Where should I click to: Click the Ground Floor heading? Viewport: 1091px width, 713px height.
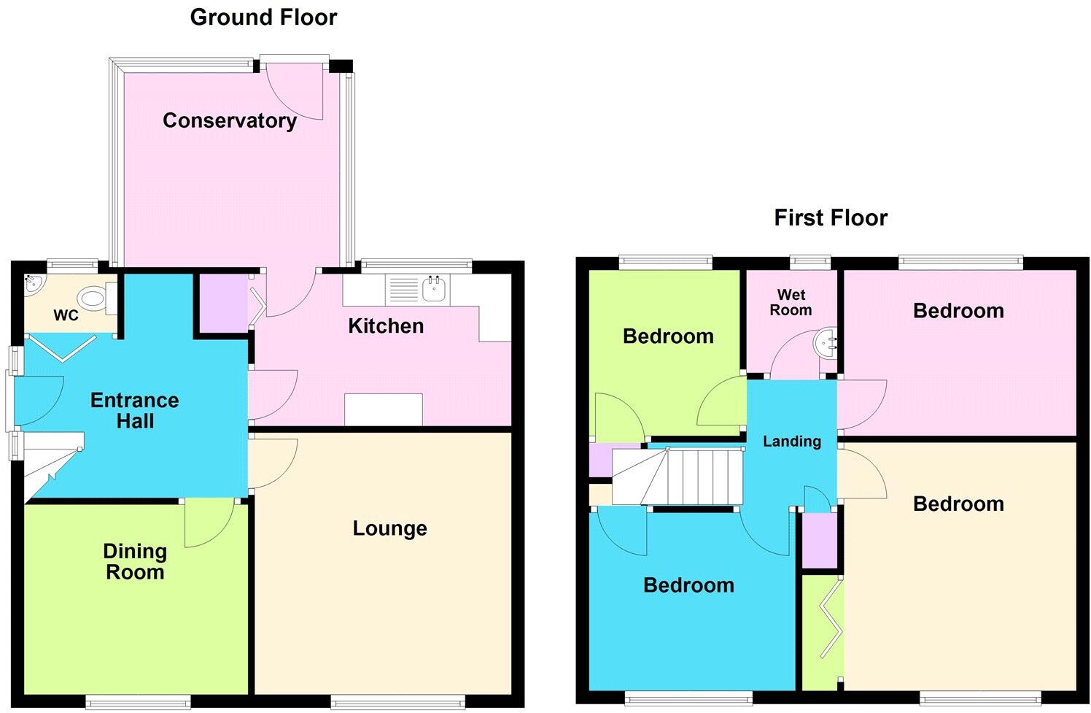click(x=263, y=17)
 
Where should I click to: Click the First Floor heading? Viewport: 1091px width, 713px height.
click(x=831, y=217)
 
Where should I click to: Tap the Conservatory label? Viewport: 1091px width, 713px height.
click(x=229, y=120)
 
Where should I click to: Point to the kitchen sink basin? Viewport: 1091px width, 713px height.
click(x=435, y=290)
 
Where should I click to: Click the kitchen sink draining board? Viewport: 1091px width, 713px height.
click(x=403, y=290)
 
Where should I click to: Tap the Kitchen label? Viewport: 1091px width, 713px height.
click(x=386, y=325)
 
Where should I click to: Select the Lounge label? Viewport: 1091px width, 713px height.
click(x=389, y=528)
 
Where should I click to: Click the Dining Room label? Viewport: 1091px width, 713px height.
click(x=135, y=561)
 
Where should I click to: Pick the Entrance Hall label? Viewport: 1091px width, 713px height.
click(x=134, y=410)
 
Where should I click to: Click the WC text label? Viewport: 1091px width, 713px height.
click(x=66, y=316)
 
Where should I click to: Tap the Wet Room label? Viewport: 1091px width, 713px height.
click(x=791, y=302)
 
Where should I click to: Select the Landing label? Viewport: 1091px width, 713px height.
click(x=792, y=441)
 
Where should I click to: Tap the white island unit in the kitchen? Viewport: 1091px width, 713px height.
click(x=383, y=409)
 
